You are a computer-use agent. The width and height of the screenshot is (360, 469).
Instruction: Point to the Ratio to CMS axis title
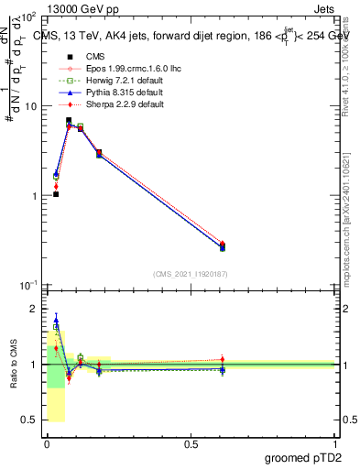pos(12,363)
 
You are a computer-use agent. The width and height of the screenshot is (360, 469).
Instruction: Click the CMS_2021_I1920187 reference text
pos(191,274)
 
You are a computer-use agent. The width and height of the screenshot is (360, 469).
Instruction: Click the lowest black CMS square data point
pos(56,194)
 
